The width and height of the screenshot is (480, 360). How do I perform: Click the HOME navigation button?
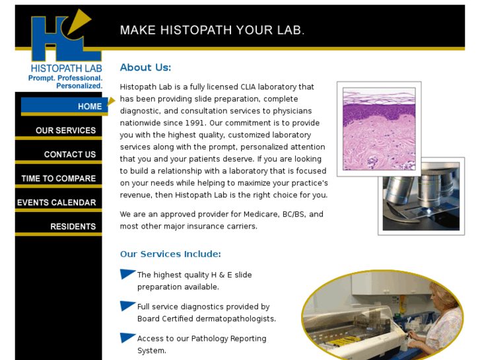(x=89, y=106)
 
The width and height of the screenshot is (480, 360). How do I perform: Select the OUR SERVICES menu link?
(x=65, y=130)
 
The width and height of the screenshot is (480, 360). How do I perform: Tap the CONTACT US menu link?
(x=69, y=155)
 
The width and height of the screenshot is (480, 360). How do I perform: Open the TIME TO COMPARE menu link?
(x=58, y=178)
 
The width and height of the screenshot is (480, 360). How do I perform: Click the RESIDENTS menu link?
(x=73, y=227)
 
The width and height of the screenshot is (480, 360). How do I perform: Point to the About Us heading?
(x=145, y=67)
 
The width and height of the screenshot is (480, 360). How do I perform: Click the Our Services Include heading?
(x=170, y=254)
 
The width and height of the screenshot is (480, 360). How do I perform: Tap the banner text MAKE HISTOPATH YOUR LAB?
(x=211, y=30)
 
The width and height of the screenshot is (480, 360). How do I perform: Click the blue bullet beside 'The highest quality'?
(x=127, y=274)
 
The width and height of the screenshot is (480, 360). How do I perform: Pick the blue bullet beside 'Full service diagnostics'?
(x=127, y=306)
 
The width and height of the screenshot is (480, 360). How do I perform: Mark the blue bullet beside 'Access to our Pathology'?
(x=127, y=338)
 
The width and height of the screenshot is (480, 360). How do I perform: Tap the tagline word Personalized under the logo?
(x=79, y=86)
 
